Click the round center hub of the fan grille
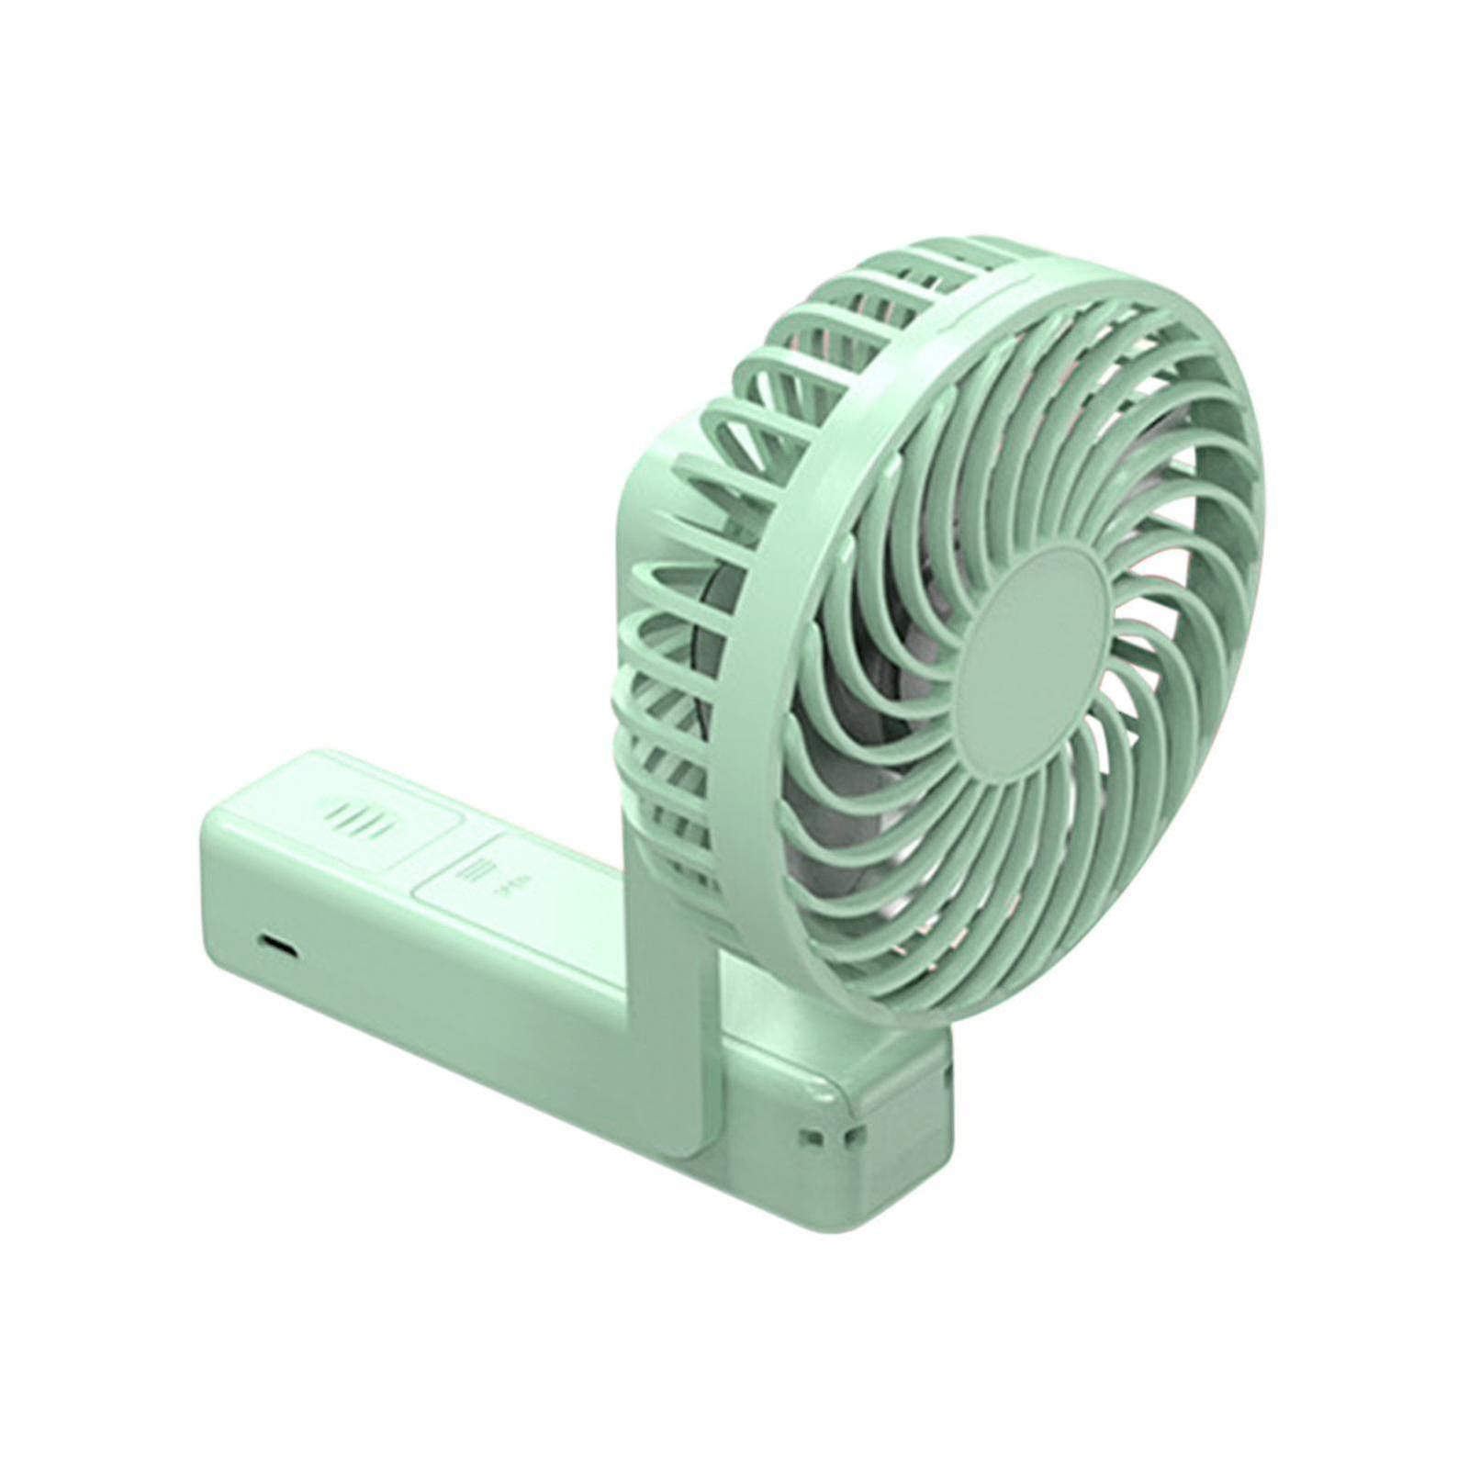click(x=1034, y=648)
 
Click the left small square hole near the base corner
click(x=810, y=1137)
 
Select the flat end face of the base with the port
click(x=248, y=927)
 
